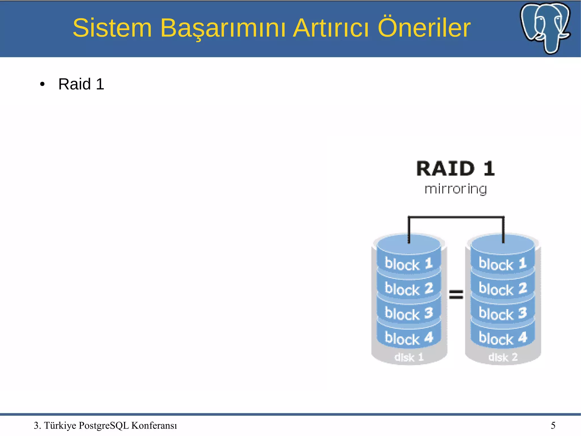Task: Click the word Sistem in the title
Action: pos(112,28)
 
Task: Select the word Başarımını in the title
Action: pos(223,28)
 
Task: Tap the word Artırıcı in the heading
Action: pos(331,28)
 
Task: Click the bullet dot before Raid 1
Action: pos(42,84)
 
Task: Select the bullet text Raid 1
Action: pos(81,84)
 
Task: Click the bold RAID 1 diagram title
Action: pos(455,169)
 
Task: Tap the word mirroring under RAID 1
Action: pos(455,189)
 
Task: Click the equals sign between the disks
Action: pos(456,295)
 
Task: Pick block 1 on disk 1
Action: pos(409,264)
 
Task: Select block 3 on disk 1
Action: pos(409,314)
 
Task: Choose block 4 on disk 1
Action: pos(409,338)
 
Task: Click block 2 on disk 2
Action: pos(502,289)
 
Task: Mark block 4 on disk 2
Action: pos(502,338)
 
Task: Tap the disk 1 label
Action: pos(409,357)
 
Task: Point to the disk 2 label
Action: pos(503,357)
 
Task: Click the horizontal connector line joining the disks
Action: pos(456,217)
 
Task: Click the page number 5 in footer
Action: pos(553,425)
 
